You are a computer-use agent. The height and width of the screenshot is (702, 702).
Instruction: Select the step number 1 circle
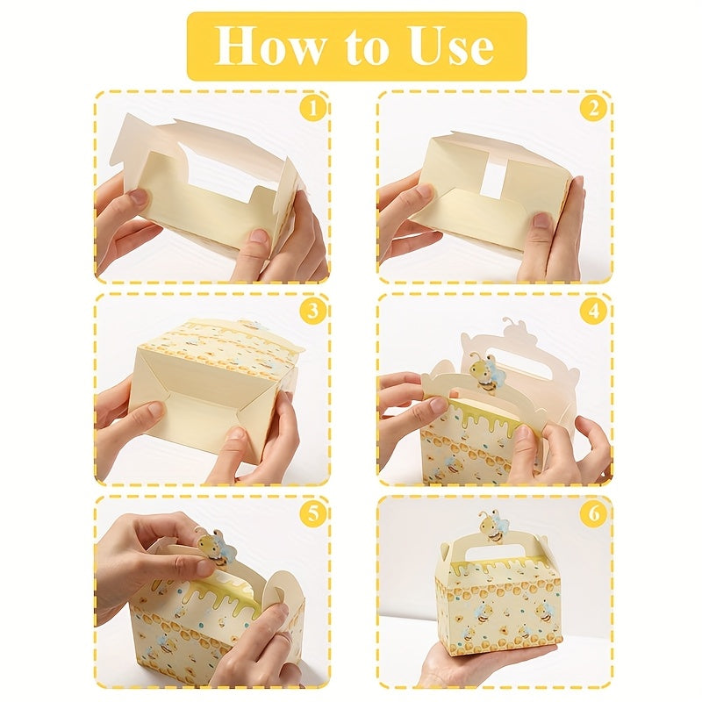[312, 109]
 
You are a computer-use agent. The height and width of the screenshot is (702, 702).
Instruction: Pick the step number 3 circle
[312, 311]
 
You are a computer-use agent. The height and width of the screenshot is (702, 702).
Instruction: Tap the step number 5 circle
[312, 513]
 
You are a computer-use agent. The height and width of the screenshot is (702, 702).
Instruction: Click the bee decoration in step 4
[487, 375]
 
